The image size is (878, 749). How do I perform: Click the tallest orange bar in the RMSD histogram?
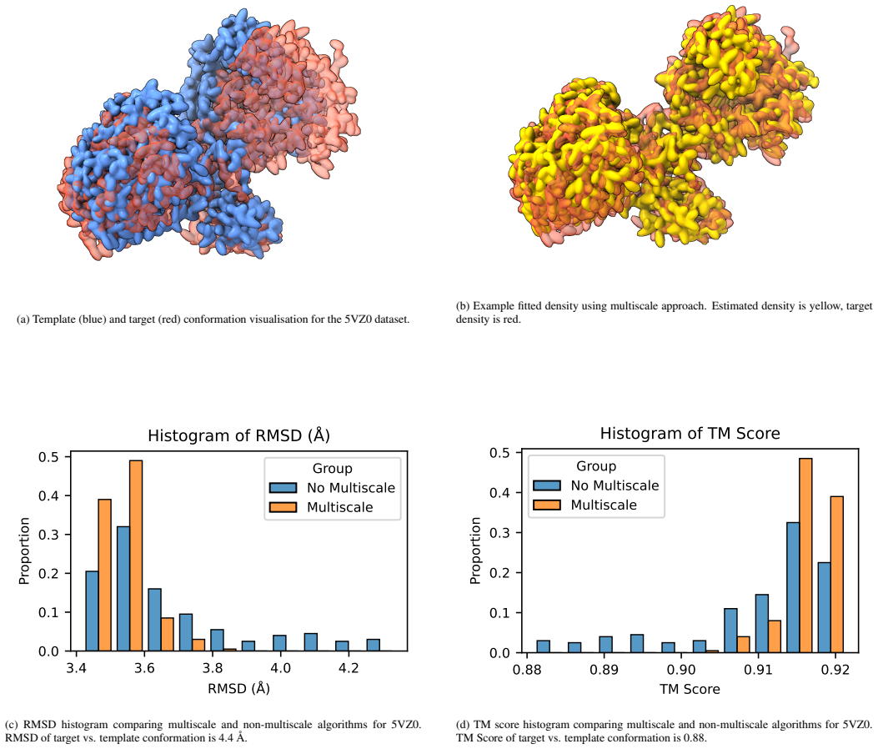[136, 555]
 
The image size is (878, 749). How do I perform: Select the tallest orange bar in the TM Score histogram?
[805, 555]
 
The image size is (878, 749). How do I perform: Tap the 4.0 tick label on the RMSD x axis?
[280, 668]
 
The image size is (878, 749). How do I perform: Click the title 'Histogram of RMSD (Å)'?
[238, 435]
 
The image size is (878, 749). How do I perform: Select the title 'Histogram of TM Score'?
[690, 433]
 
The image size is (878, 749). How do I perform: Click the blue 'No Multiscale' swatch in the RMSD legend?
[283, 488]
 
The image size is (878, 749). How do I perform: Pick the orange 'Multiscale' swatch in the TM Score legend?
[547, 505]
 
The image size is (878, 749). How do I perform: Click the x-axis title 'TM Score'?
[690, 689]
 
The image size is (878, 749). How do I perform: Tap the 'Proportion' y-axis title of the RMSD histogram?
[24, 550]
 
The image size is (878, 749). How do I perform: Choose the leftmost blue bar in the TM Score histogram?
[543, 646]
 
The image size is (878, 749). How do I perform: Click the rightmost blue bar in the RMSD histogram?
[373, 645]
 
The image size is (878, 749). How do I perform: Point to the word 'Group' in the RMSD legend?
[333, 469]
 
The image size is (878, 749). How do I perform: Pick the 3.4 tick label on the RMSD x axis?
[76, 668]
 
